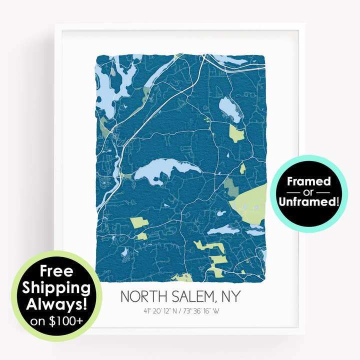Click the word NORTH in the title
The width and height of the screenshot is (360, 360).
coord(142,296)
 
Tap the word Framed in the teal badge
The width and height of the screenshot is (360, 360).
coord(308,181)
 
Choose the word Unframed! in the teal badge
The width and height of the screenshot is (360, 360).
coord(308,201)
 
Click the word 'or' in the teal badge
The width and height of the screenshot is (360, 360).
coord(308,192)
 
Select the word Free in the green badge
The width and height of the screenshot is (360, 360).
coord(56,272)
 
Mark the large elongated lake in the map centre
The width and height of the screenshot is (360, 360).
coord(165,170)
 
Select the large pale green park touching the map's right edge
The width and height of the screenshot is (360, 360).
coord(250,202)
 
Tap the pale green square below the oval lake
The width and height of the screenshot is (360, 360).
coord(236,133)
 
